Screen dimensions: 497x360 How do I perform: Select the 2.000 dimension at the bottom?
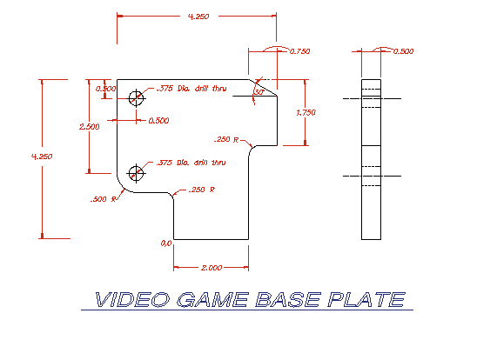point(212,268)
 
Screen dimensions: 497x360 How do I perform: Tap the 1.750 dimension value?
point(306,113)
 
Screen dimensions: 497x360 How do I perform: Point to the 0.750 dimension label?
point(299,51)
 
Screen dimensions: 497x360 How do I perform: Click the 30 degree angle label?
point(259,92)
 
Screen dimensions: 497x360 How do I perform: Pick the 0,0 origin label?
point(166,243)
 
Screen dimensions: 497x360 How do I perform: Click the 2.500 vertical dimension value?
point(90,127)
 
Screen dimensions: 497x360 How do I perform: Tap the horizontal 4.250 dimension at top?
point(198,17)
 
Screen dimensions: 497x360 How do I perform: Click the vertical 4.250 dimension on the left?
point(42,157)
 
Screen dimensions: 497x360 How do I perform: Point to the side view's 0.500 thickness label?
point(404,51)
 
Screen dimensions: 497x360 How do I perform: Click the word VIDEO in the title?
point(132,299)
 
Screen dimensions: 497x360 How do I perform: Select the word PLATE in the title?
point(366,299)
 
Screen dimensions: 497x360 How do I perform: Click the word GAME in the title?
point(212,299)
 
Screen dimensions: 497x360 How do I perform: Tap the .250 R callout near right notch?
point(226,140)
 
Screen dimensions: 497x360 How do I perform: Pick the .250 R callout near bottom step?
point(202,190)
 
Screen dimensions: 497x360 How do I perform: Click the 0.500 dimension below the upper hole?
point(158,121)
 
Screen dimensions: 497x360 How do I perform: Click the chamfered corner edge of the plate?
point(263,88)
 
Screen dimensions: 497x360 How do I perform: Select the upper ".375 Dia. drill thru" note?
point(191,89)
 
